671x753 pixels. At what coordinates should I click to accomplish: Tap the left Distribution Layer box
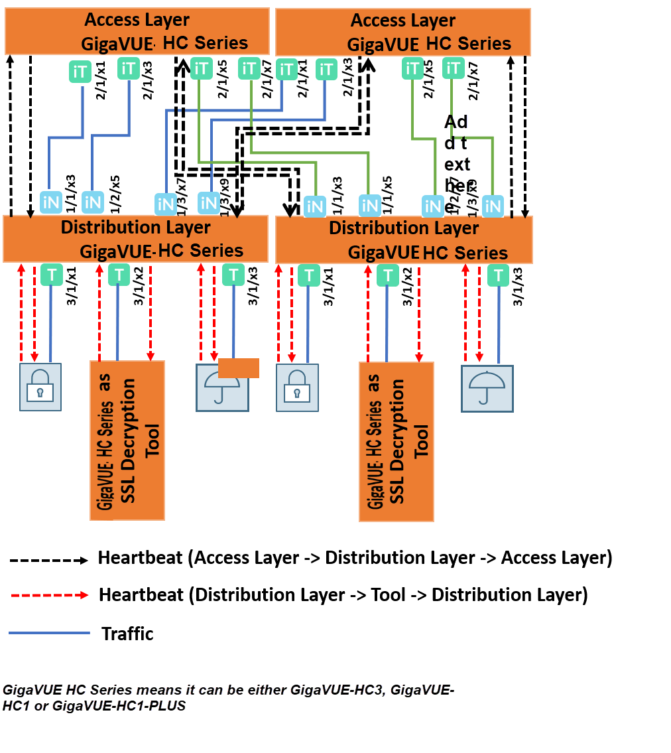coord(136,239)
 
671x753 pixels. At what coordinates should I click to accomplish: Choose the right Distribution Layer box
coord(404,240)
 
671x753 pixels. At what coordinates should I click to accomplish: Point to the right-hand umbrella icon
coord(487,388)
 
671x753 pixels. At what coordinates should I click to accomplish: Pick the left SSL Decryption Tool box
coord(127,440)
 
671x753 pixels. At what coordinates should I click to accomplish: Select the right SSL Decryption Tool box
coord(396,441)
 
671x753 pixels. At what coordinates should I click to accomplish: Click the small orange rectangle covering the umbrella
coord(238,368)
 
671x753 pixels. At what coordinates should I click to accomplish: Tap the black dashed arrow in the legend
coord(48,560)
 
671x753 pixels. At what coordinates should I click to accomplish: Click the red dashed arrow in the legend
coord(48,596)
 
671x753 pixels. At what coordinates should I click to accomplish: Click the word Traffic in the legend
coord(127,634)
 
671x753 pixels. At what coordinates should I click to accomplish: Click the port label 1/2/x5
coord(115,193)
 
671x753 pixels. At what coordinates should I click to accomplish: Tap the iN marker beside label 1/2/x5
coord(93,202)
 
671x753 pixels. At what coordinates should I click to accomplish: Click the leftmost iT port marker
coord(80,72)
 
